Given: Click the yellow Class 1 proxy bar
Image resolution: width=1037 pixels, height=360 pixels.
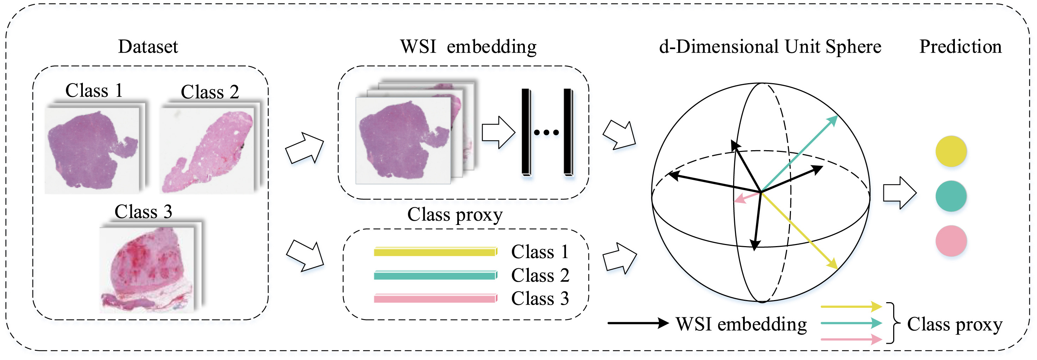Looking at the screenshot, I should click(435, 252).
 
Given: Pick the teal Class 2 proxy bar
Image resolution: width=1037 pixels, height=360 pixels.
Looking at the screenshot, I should click(435, 275).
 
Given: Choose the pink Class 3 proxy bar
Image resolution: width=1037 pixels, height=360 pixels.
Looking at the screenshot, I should click(435, 298).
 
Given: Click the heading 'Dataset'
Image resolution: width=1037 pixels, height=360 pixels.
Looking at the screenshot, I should click(148, 47).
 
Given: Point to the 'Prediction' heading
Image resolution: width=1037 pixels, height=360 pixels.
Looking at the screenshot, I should click(960, 47).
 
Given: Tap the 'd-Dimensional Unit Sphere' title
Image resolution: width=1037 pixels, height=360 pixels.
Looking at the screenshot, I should click(770, 47).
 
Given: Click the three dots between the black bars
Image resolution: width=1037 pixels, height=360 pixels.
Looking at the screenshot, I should click(546, 133).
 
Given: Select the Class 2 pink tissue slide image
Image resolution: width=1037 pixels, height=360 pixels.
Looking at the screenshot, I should click(207, 151).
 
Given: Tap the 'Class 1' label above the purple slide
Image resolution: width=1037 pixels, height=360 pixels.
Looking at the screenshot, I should click(94, 91).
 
